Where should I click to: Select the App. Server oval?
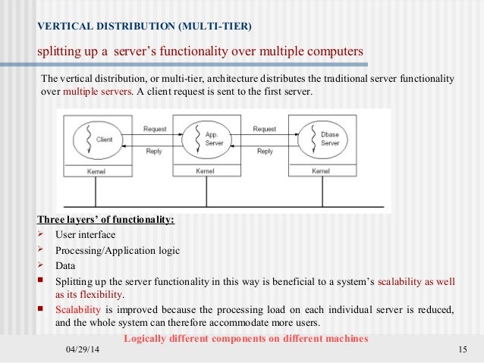pos(203,139)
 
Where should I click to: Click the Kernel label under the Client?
pos(96,171)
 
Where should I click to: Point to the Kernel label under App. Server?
pos(206,171)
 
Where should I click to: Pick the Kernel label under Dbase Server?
pos(321,171)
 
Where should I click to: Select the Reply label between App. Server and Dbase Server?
pos(265,151)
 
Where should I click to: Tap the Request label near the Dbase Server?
pos(265,129)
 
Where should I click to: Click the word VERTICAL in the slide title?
pos(62,28)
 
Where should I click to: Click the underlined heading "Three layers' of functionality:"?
pos(105,221)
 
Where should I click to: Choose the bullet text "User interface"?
pos(85,235)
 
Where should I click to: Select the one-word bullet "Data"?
pos(65,265)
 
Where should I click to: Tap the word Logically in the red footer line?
pos(147,338)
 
